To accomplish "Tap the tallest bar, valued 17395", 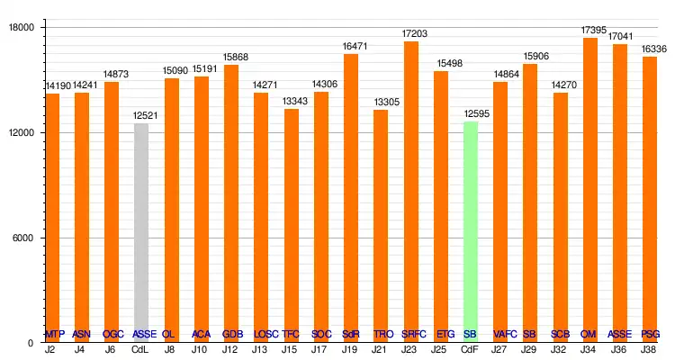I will coord(589,190).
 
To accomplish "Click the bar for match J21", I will coord(381,226).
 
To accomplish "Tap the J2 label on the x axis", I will coord(50,349).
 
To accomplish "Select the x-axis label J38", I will coord(650,349).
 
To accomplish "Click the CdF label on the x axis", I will coord(470,349).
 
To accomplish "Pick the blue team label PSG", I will coord(651,334).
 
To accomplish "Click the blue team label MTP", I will coord(54,334).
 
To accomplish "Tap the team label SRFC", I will coord(415,334).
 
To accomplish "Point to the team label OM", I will coord(589,334).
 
